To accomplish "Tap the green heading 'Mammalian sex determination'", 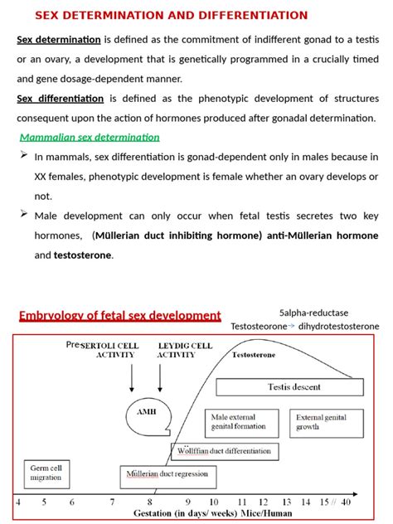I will coord(90,137).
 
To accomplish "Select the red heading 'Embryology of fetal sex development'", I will coord(119,315).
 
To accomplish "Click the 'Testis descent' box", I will coord(287,386).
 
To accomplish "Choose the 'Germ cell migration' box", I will coord(46,473).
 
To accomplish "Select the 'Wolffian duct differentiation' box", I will coord(223,451).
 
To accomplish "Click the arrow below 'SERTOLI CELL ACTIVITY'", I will coord(131,377).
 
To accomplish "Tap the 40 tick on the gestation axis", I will coord(346,502).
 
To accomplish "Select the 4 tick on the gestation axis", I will coord(18,502).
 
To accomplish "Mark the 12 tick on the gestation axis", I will coord(264,502).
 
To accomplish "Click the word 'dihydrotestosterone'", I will coord(337,326).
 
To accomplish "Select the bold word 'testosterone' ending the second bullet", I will coord(83,255).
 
